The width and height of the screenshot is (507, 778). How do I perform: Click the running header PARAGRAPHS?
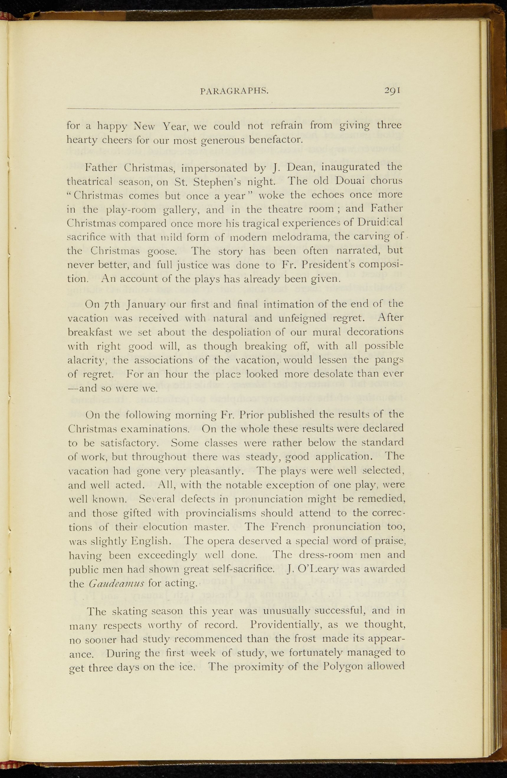click(234, 91)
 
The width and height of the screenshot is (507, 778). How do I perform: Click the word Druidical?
click(376, 222)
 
